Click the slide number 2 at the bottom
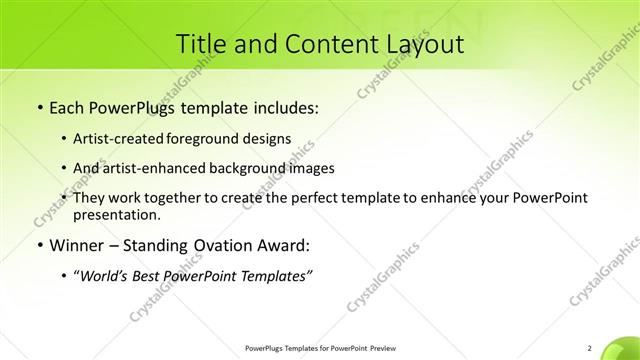590,348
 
